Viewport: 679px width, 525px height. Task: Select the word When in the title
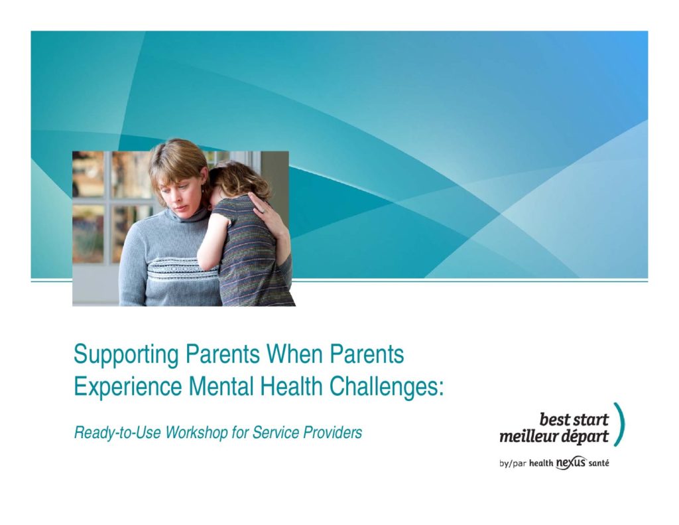294,354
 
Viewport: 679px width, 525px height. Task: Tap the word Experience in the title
128,387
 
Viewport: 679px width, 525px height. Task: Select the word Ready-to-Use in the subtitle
118,433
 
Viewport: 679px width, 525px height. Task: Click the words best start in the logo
574,419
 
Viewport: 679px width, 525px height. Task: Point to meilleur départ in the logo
554,437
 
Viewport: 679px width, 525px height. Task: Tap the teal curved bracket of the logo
622,424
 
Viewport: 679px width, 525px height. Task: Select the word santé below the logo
599,463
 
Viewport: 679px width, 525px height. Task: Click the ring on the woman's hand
261,210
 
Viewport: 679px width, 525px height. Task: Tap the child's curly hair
237,178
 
